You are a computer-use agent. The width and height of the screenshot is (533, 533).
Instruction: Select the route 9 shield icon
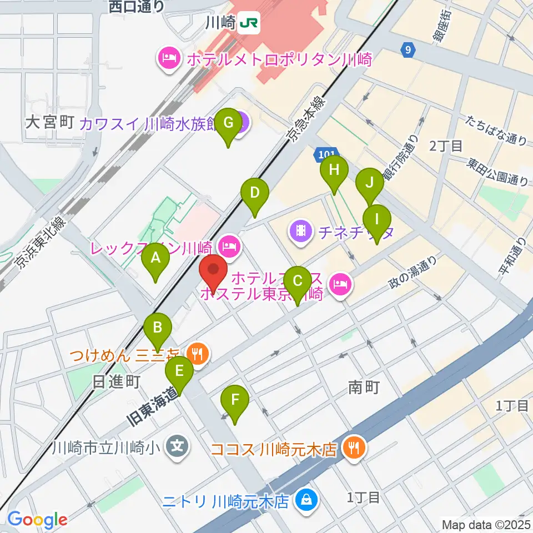point(408,51)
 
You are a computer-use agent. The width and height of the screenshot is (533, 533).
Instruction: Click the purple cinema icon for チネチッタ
point(300,230)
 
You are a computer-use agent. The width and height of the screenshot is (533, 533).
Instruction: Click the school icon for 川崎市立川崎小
point(177,445)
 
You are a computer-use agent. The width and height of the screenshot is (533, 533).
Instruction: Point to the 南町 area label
point(364,387)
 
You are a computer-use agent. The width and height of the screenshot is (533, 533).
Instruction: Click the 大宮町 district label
point(50,123)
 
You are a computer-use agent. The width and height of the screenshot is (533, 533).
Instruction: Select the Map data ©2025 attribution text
point(486,524)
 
